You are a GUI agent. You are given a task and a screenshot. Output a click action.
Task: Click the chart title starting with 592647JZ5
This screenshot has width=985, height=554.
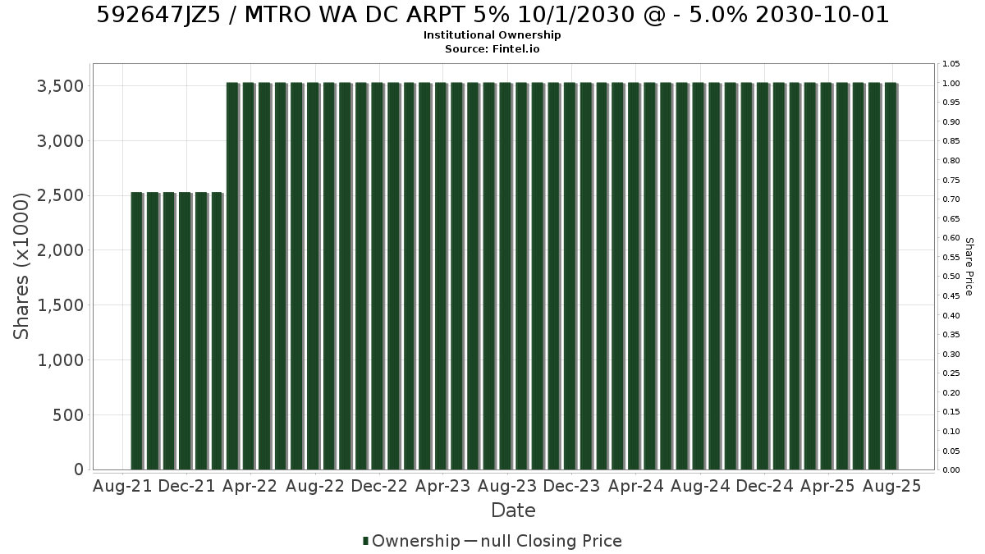click(x=492, y=15)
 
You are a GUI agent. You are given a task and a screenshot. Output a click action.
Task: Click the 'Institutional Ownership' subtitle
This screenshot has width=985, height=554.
click(x=492, y=35)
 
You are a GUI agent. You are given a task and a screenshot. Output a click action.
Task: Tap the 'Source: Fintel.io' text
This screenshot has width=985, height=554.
click(x=492, y=48)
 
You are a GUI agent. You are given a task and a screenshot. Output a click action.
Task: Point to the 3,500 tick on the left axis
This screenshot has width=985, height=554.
click(x=60, y=86)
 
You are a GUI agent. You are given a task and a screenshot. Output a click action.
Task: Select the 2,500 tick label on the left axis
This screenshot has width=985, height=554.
click(x=60, y=195)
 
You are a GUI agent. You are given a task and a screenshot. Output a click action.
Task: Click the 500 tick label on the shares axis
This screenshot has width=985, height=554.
click(x=68, y=415)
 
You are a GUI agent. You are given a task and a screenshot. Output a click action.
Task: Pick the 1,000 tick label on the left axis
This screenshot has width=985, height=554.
click(x=60, y=360)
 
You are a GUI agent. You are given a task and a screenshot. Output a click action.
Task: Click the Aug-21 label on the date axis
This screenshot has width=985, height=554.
click(x=122, y=486)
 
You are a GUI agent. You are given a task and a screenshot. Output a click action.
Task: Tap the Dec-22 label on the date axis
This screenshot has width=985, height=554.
click(x=379, y=486)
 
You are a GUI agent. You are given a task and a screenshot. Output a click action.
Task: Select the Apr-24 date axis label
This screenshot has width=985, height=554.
click(x=635, y=486)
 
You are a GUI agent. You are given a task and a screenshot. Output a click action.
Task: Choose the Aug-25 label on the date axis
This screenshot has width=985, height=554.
click(x=891, y=486)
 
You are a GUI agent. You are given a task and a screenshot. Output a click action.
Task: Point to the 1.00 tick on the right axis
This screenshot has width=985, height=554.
click(x=951, y=84)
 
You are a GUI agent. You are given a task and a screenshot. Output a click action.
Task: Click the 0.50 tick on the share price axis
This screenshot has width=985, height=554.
click(x=951, y=277)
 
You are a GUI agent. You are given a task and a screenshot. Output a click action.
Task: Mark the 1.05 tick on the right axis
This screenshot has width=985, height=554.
click(x=951, y=64)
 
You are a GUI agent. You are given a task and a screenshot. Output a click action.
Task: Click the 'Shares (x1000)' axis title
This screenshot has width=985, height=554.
click(x=21, y=267)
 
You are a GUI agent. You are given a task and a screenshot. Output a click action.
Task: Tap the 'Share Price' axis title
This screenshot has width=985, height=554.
click(x=969, y=267)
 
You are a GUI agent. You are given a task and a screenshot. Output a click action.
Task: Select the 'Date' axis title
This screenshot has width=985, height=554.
click(x=513, y=511)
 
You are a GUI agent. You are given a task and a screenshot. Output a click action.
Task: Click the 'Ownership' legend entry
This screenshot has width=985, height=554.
click(x=411, y=541)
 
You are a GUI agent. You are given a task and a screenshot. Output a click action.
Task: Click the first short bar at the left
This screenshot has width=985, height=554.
click(x=137, y=331)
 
